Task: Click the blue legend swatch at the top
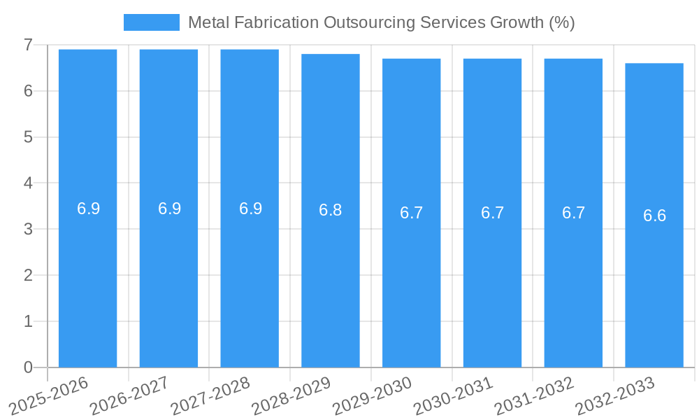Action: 151,22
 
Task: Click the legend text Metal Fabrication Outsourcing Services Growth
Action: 381,22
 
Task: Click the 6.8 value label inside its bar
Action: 331,210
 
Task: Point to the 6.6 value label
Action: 654,216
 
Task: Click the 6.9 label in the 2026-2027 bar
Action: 169,209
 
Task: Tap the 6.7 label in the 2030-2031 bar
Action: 492,213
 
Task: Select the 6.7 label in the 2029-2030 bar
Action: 411,213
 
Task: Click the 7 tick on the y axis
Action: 28,45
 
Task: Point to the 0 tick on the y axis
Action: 28,367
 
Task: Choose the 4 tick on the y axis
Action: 28,183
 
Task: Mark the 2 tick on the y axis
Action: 28,275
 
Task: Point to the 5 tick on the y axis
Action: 28,137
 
